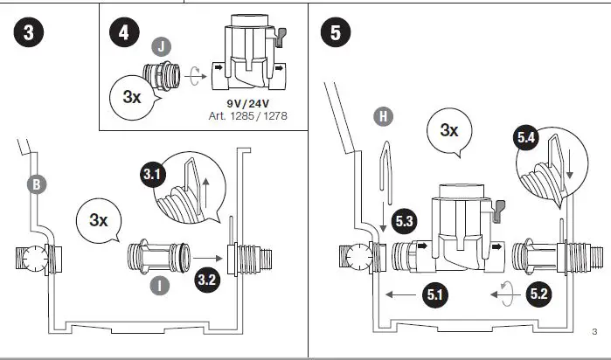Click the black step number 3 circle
pyautogui.click(x=28, y=33)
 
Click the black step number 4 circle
pyautogui.click(x=124, y=33)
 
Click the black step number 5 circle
pyautogui.click(x=337, y=33)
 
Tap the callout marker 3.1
pyautogui.click(x=154, y=175)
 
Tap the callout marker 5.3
pyautogui.click(x=405, y=222)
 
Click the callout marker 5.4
pyautogui.click(x=527, y=137)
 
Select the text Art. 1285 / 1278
pyautogui.click(x=248, y=115)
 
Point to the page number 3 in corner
pyautogui.click(x=594, y=330)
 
